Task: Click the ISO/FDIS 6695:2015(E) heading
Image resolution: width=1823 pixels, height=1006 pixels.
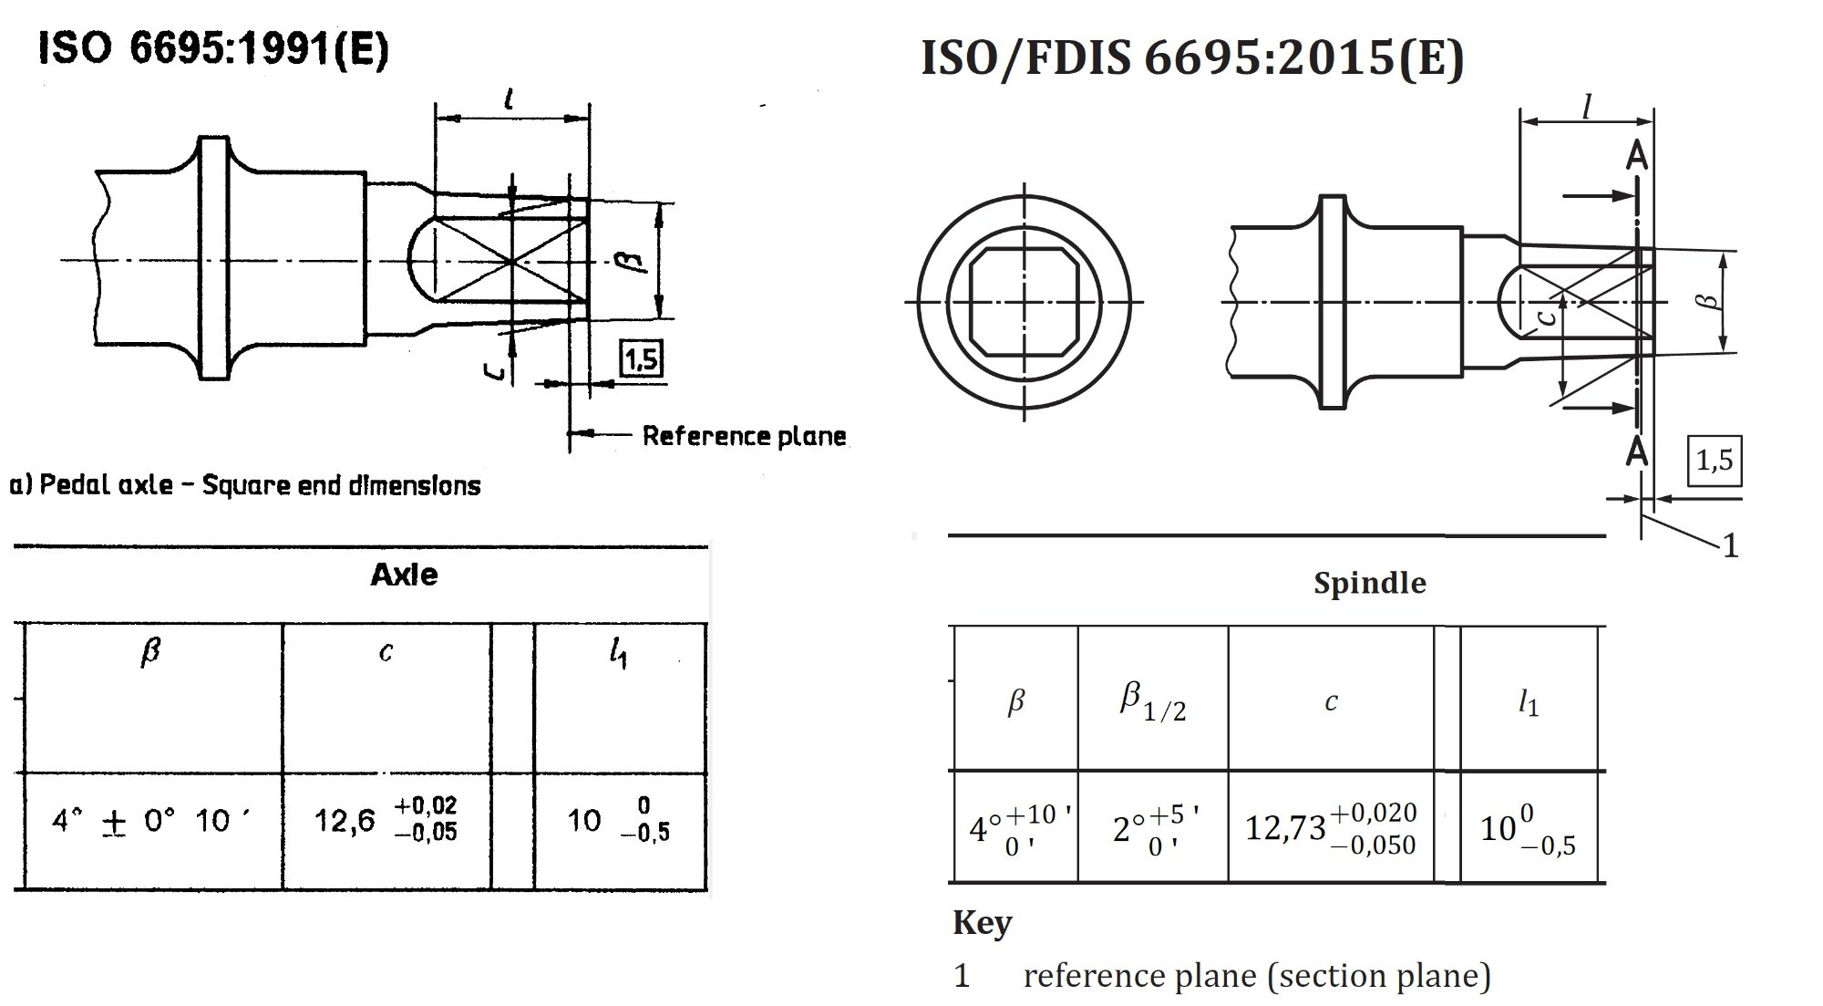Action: [x=1191, y=57]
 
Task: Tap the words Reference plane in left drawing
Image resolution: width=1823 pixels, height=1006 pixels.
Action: [x=744, y=436]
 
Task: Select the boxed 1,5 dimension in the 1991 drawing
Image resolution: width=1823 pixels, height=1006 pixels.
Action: [x=642, y=358]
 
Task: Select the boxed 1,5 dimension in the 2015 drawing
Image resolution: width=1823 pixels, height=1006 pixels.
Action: [x=1715, y=461]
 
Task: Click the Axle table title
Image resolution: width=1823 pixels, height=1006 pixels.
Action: [x=404, y=575]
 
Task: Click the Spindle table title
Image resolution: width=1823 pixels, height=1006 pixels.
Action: [x=1369, y=583]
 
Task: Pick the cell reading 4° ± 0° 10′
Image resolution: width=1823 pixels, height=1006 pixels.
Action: [x=151, y=821]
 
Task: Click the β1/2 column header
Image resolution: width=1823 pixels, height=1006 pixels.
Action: [x=1153, y=700]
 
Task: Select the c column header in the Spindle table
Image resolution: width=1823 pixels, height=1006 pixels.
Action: [x=1331, y=700]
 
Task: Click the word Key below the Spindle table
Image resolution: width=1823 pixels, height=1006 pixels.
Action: [x=982, y=923]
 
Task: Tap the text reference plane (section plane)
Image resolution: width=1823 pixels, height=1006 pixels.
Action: [x=1256, y=976]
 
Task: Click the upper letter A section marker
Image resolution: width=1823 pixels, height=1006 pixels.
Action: [x=1637, y=156]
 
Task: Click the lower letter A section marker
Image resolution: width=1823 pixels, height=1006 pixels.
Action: [x=1637, y=451]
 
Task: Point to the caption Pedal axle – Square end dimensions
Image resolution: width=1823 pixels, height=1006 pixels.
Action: [x=244, y=485]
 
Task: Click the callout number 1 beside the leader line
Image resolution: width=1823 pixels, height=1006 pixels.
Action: [x=1730, y=546]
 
